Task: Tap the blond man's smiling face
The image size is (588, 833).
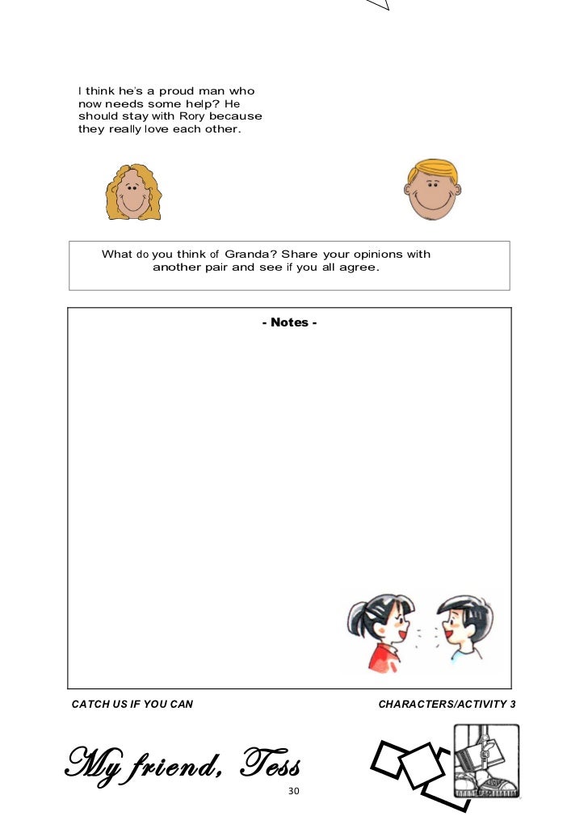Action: click(431, 194)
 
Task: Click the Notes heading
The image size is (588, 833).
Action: click(289, 322)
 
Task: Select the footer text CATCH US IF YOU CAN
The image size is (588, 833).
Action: click(132, 705)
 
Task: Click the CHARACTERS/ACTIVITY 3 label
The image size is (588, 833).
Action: click(447, 705)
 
